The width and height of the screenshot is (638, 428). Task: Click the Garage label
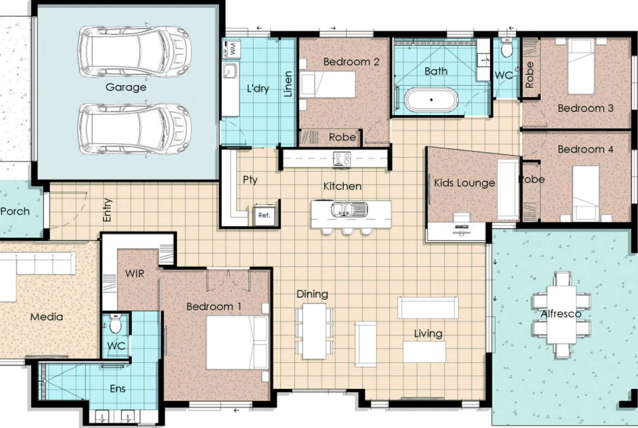126,87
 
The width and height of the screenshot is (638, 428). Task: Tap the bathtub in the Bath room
431,99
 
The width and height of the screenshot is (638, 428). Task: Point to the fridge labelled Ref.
264,215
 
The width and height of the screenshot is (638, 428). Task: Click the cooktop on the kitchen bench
342,158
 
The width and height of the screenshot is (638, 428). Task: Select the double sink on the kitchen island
349,209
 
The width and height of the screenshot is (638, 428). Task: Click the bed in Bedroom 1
237,342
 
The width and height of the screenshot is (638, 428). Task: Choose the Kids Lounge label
464,183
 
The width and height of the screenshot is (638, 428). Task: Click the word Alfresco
561,314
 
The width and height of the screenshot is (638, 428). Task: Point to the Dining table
315,331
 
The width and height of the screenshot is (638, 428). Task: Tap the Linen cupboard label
288,84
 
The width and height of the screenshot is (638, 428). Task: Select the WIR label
135,273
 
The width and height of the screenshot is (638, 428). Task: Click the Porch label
15,211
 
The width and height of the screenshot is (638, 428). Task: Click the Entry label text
107,210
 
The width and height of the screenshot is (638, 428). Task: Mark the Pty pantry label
250,179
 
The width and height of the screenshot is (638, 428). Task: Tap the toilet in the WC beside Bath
507,48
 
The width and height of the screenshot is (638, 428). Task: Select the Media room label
47,317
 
